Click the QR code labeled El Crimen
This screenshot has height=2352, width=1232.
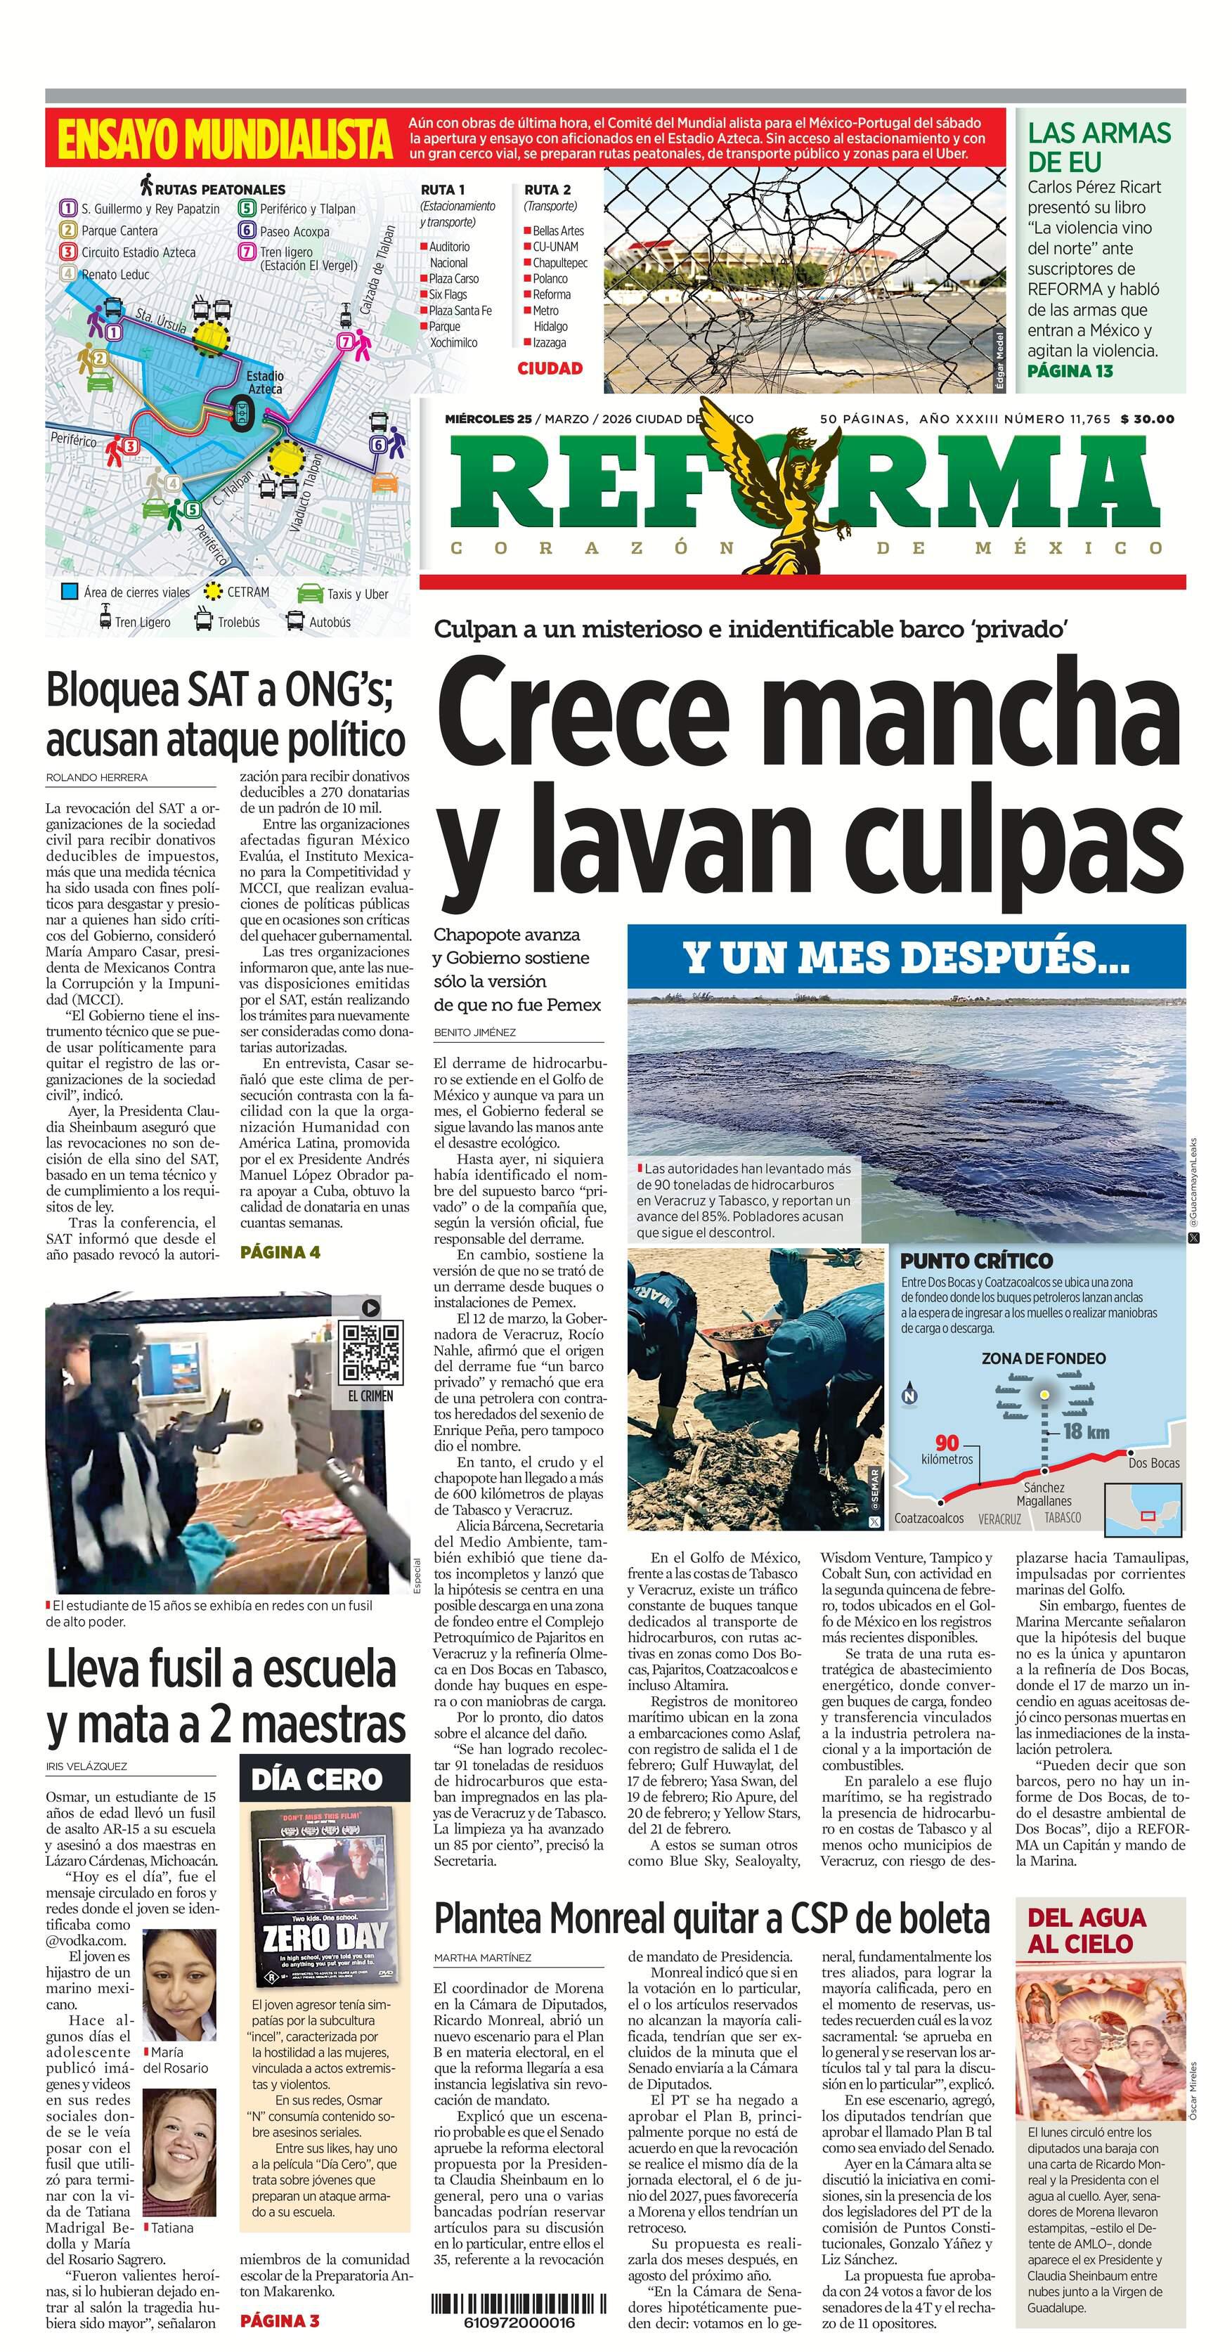[x=370, y=1352]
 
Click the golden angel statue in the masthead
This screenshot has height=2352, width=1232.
[x=788, y=488]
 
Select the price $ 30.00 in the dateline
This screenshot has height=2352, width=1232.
[x=1146, y=419]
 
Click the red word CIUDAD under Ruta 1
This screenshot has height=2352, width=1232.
[x=550, y=368]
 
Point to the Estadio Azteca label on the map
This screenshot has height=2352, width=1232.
[x=265, y=382]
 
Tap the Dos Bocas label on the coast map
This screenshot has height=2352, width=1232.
[x=1153, y=1462]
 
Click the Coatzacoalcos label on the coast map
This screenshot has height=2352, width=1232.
[x=928, y=1519]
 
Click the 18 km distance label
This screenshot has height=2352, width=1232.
[x=1086, y=1431]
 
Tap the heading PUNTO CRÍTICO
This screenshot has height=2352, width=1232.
[x=976, y=1261]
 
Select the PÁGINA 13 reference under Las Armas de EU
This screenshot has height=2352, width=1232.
[x=1070, y=371]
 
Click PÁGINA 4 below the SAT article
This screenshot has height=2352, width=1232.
[x=280, y=1252]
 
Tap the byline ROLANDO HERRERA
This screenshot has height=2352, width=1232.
[x=97, y=777]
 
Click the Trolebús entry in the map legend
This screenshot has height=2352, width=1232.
[x=228, y=622]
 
